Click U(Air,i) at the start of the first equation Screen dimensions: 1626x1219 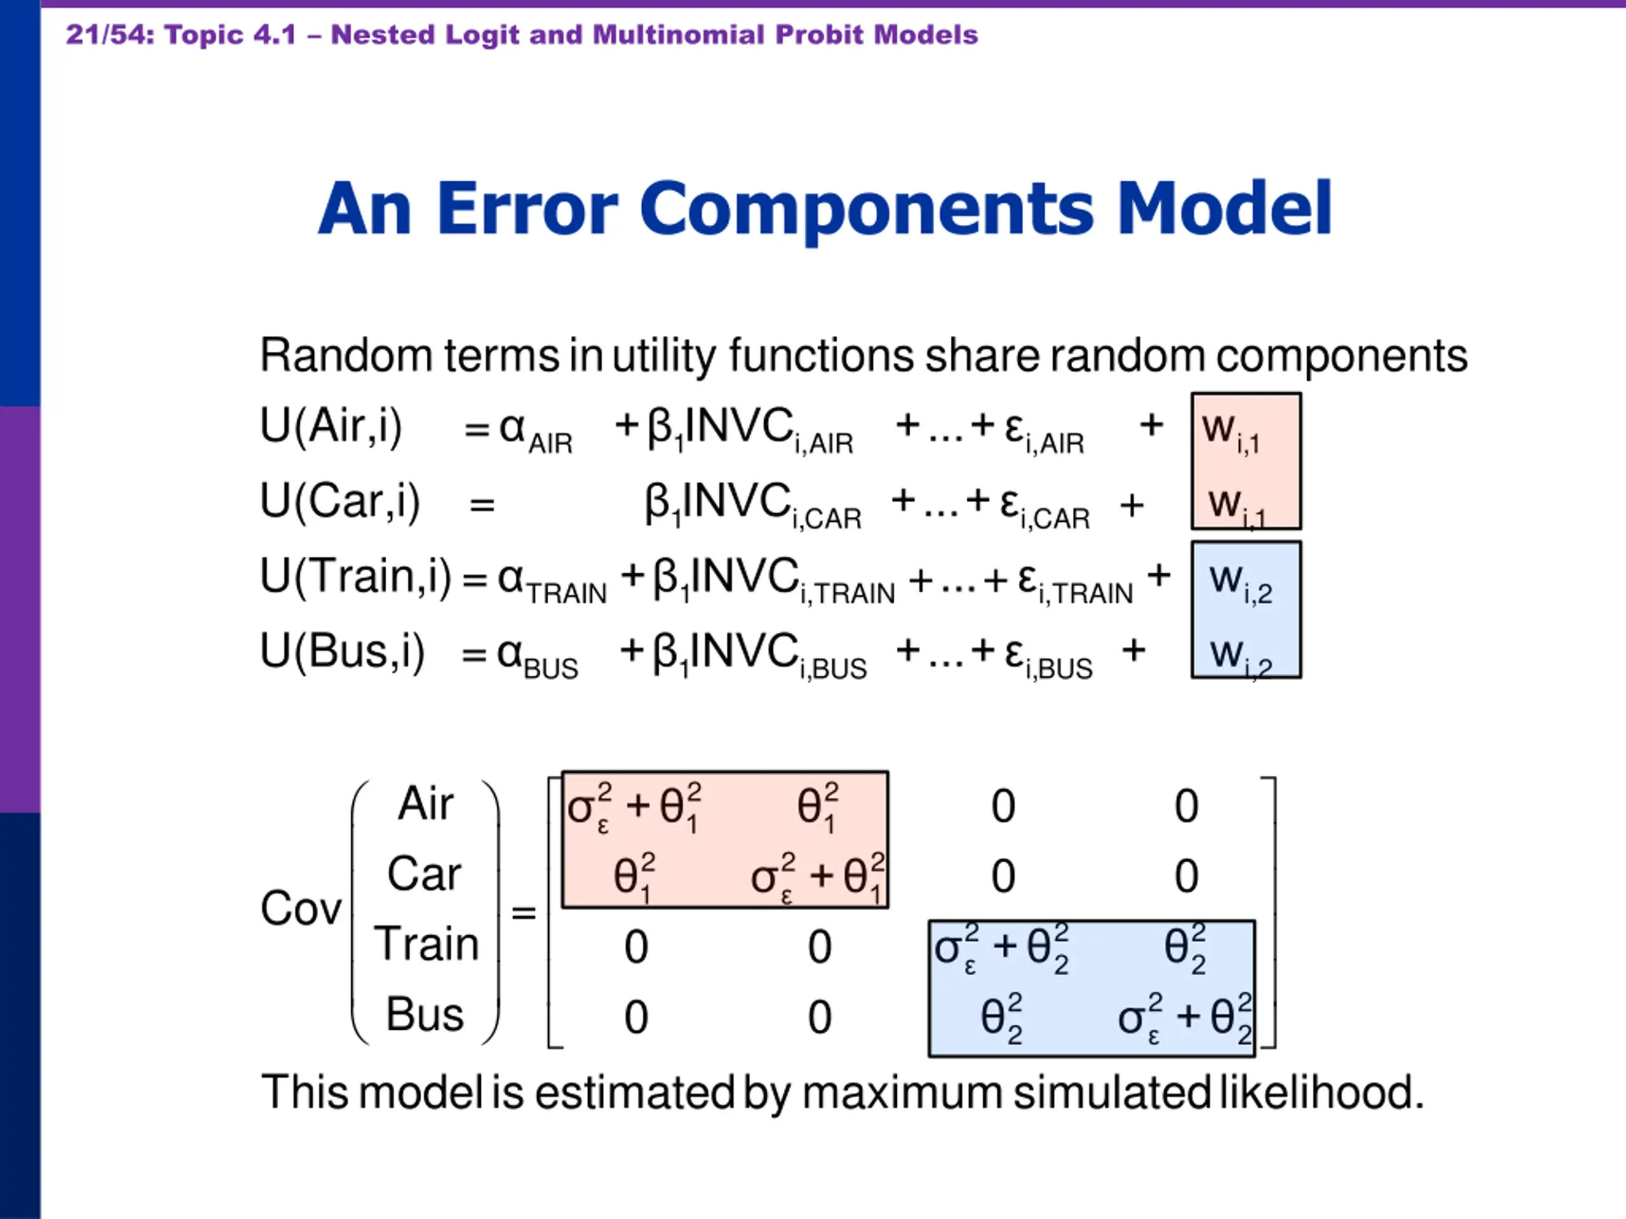tap(331, 426)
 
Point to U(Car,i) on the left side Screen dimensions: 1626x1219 tap(340, 503)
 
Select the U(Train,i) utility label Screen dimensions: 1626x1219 tap(356, 576)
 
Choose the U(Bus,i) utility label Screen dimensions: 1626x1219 tap(342, 652)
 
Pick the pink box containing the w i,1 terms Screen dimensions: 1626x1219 tap(1246, 462)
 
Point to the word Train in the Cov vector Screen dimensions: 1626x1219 tap(426, 943)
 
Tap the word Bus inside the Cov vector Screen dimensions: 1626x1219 tap(425, 1014)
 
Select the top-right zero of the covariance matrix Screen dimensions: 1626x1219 tap(1186, 806)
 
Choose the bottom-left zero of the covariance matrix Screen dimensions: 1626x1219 tap(636, 1018)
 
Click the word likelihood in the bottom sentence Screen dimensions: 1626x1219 tap(1322, 1092)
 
